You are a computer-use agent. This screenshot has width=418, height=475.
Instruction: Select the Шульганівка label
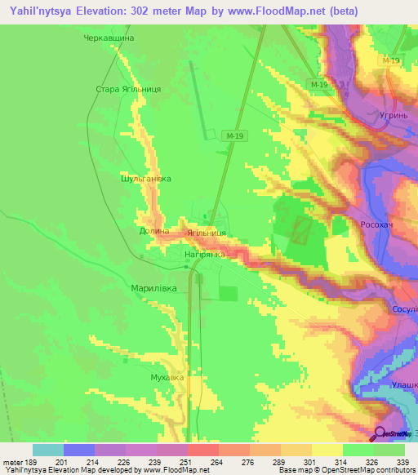pyautogui.click(x=145, y=178)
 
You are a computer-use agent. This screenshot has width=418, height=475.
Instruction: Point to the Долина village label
pyautogui.click(x=154, y=231)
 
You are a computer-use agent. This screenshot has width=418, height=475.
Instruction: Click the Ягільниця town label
pyautogui.click(x=206, y=233)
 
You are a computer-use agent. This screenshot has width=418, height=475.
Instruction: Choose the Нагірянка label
pyautogui.click(x=204, y=254)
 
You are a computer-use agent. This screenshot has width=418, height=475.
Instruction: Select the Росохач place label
pyautogui.click(x=378, y=223)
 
